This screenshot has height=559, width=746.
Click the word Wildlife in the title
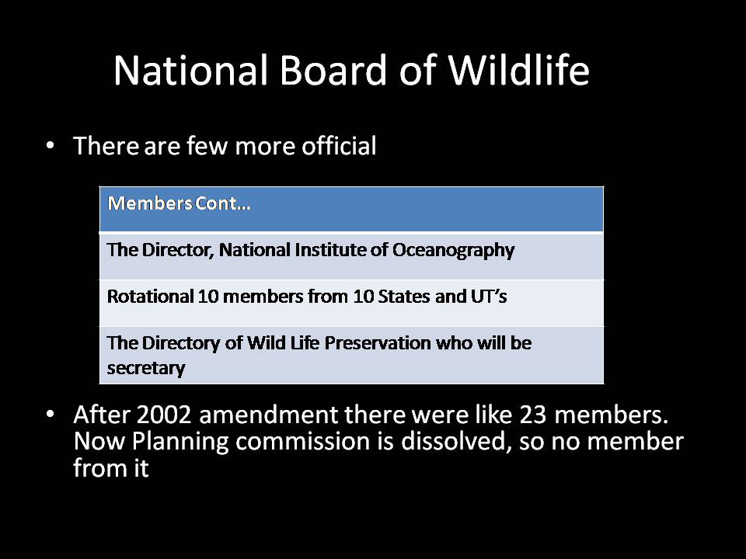[518, 71]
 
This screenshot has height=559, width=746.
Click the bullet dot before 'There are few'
[51, 145]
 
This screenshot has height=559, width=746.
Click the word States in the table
[402, 297]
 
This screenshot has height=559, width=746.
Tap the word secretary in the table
[146, 368]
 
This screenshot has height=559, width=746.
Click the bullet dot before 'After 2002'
[51, 413]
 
